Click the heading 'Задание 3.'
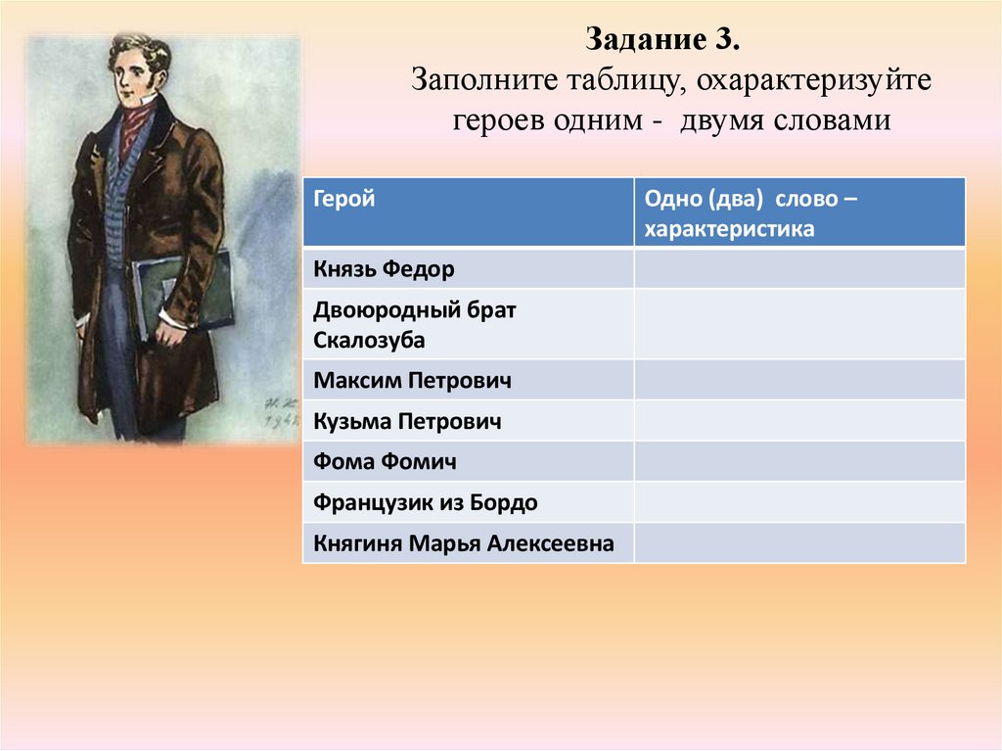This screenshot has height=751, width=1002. pos(671,41)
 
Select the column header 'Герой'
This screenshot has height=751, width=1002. pos(344,199)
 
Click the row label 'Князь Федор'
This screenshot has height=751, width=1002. pos(385,268)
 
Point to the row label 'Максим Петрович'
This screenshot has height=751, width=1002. pos(412,380)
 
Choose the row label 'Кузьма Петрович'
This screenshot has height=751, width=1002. pos(408,421)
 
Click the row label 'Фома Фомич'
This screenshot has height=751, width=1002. pos(385,461)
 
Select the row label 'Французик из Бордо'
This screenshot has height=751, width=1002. pos(426,502)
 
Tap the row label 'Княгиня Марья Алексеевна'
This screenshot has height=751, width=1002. pos(464,543)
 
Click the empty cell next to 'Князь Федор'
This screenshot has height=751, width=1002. pos(798,268)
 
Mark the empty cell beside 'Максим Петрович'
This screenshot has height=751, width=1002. pos(798,380)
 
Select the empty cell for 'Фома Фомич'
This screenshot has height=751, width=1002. pos(798,461)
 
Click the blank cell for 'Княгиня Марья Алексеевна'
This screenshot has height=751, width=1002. pos(798,543)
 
